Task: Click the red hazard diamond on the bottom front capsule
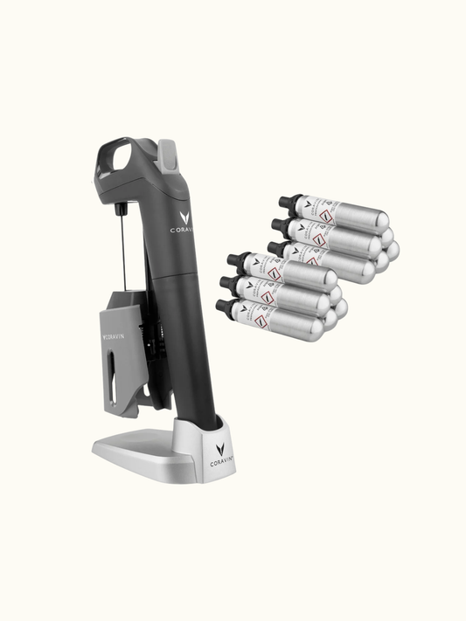267,319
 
